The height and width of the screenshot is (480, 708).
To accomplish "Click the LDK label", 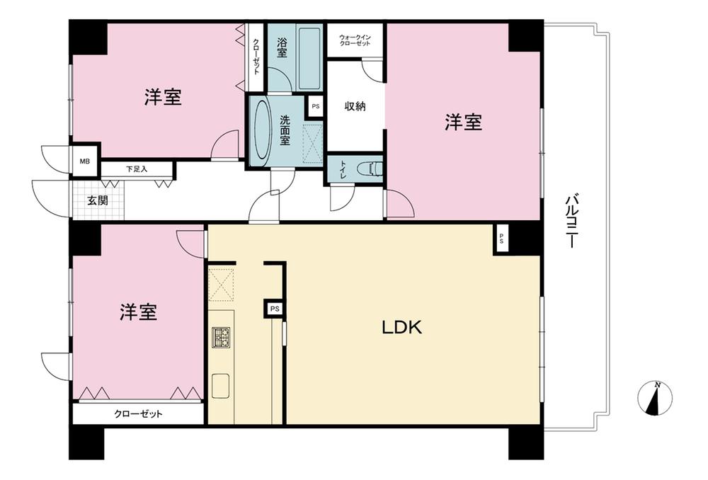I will tap(401, 328).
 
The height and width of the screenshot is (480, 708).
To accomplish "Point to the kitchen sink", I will tap(221, 386).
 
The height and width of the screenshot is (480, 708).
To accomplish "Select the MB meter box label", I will tap(84, 161).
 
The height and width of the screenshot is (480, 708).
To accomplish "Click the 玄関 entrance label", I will tap(98, 200).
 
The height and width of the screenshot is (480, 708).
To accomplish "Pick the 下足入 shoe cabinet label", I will tap(137, 169).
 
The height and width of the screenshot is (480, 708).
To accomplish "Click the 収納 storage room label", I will tap(355, 107).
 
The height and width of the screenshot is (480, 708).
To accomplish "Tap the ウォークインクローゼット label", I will tap(355, 40).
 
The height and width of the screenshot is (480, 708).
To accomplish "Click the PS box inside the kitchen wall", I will tap(274, 309).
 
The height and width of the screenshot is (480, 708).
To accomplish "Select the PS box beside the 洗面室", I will tap(315, 106).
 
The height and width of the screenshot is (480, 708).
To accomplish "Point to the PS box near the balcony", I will tap(501, 239).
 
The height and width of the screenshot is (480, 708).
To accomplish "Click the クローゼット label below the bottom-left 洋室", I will tap(139, 413).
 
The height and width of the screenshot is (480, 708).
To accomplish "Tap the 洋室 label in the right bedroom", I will tap(464, 123).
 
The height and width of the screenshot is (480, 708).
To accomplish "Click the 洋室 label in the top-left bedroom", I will tap(163, 98).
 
